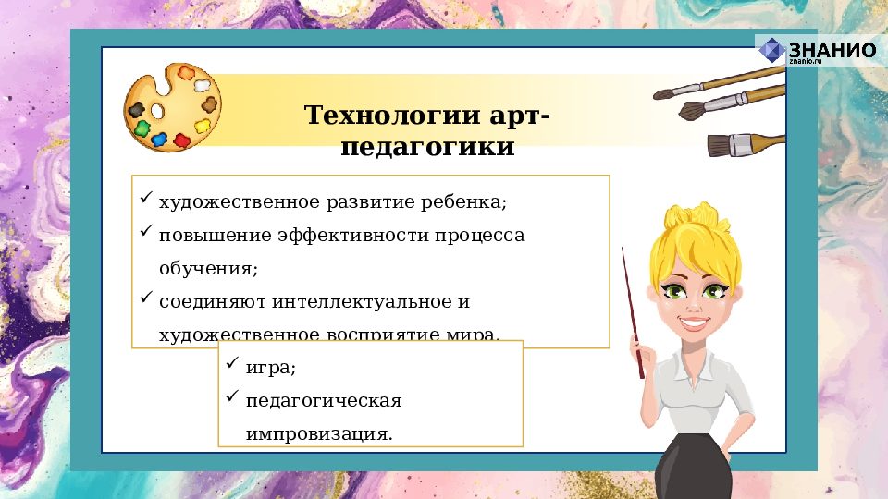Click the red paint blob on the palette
click(x=181, y=141)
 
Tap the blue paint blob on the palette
click(x=159, y=140)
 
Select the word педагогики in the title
click(x=427, y=147)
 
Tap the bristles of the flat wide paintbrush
click(x=718, y=145)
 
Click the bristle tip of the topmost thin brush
click(x=662, y=93)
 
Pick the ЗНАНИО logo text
click(x=832, y=50)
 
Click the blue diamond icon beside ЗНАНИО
click(x=771, y=52)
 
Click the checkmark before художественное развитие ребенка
click(x=145, y=199)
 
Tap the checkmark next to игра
click(x=232, y=365)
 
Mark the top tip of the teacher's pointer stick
click(x=623, y=249)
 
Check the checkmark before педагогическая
click(x=232, y=398)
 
